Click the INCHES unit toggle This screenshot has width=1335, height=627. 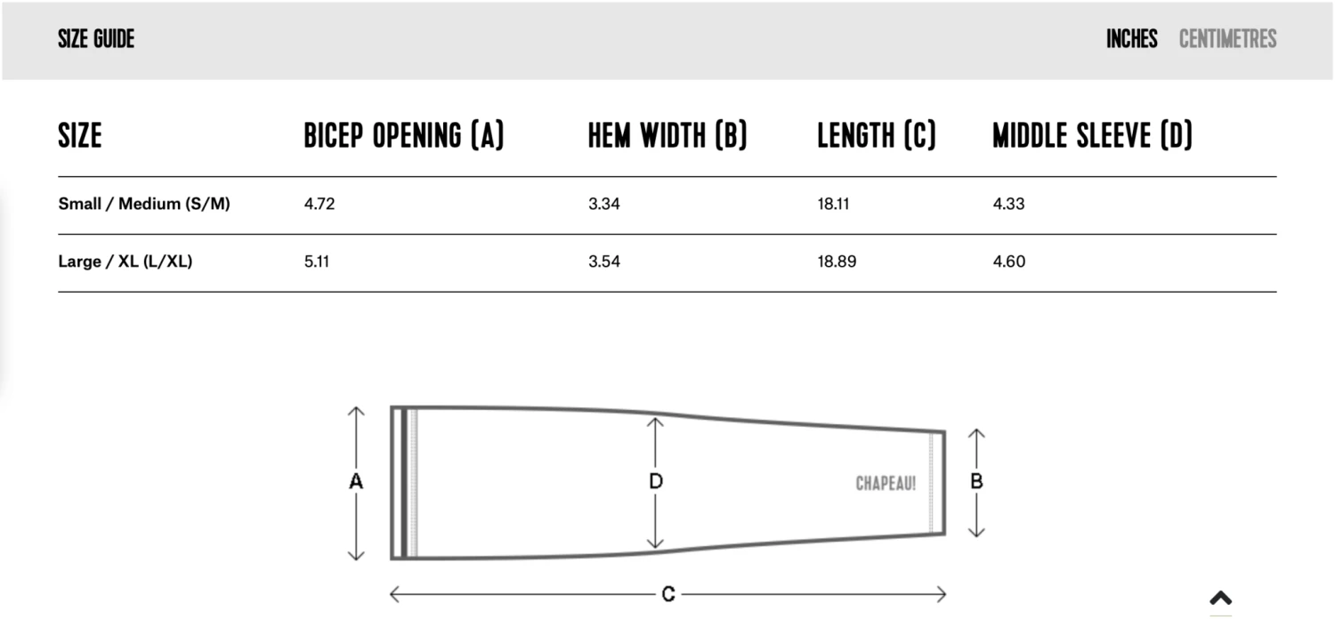click(1132, 39)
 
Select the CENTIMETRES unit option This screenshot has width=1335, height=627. click(1227, 39)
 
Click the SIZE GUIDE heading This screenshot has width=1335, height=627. click(96, 39)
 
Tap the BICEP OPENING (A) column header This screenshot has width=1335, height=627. click(404, 135)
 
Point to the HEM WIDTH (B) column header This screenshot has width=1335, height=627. click(667, 135)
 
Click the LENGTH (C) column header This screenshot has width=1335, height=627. click(877, 135)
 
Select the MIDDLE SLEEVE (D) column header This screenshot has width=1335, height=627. click(1092, 135)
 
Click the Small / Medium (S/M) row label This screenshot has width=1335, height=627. click(144, 204)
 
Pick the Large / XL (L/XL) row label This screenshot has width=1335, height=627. click(125, 261)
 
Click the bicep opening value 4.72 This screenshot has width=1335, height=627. click(320, 204)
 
